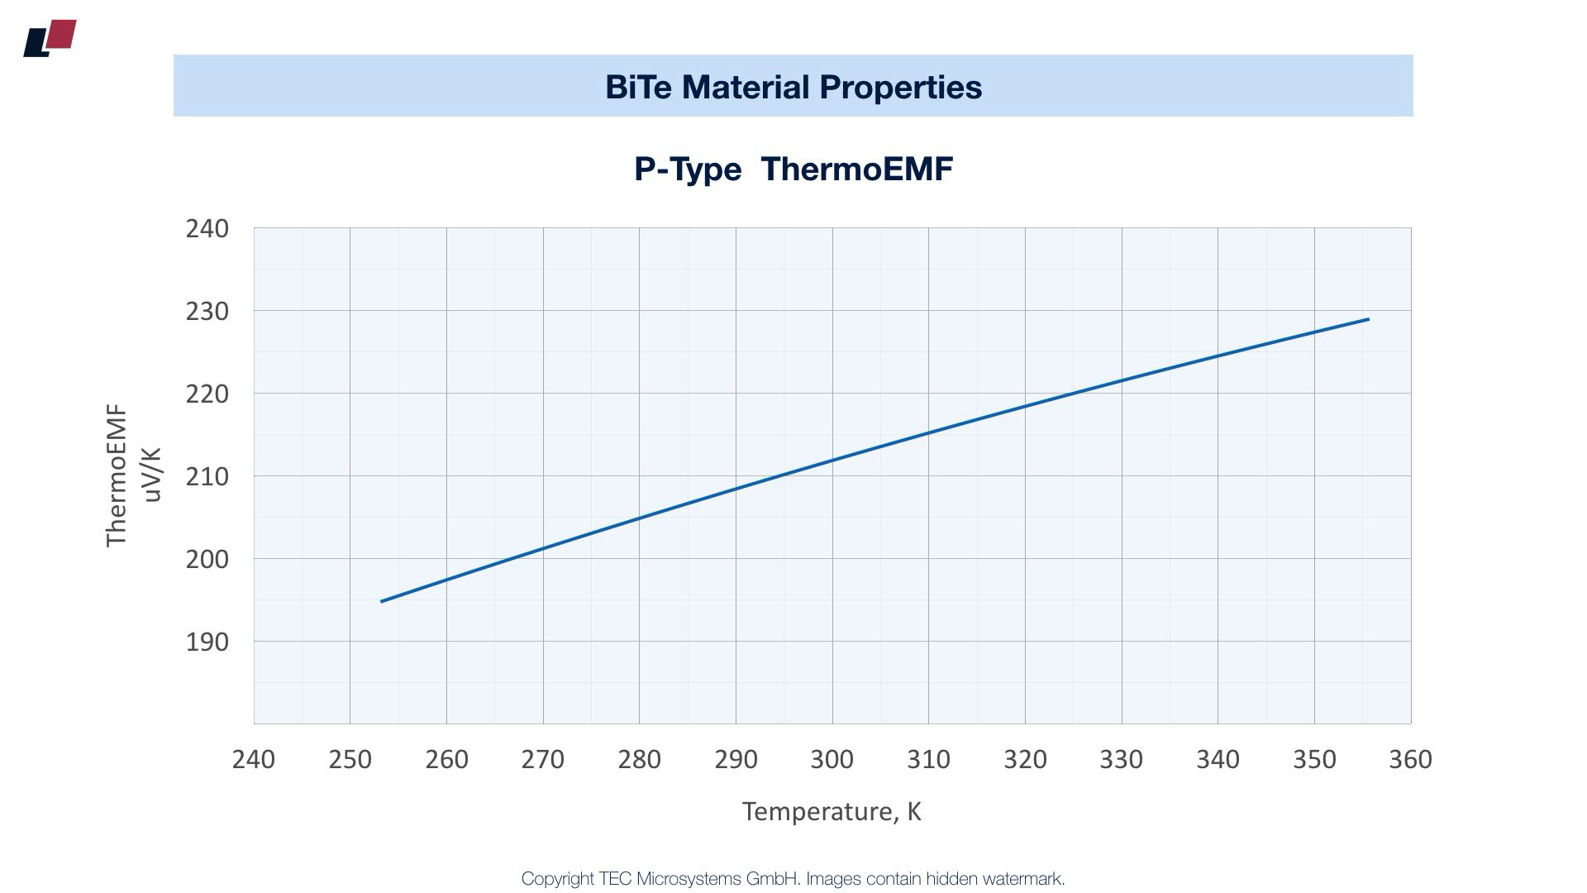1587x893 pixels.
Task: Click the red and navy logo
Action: pos(50,38)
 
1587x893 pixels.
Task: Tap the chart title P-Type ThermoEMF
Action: pos(793,169)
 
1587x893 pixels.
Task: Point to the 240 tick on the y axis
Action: pos(207,228)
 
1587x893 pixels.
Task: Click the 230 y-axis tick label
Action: pos(207,311)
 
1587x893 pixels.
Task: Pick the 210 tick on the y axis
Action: pos(207,476)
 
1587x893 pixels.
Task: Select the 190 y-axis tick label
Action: pos(207,642)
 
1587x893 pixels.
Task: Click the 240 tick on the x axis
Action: pos(254,759)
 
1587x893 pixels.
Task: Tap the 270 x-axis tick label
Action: pos(543,759)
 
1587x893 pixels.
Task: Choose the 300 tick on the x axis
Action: pos(832,759)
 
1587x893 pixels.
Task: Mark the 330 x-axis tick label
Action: pos(1122,759)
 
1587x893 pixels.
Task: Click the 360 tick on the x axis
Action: pos(1410,759)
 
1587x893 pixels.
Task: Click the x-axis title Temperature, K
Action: pos(832,811)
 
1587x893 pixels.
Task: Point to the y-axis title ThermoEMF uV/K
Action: pos(132,475)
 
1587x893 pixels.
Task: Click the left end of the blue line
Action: pos(382,601)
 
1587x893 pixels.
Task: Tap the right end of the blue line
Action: pos(1368,319)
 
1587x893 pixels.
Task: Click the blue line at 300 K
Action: pos(832,460)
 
